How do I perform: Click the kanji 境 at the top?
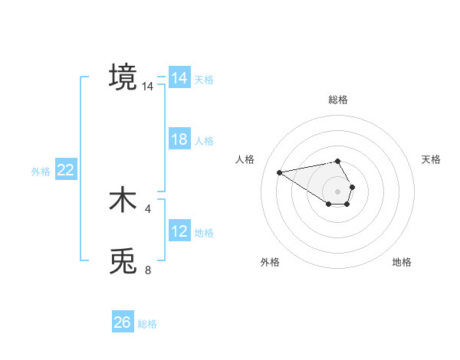(x=123, y=77)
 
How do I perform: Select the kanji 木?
(x=123, y=200)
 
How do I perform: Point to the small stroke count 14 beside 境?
(x=147, y=87)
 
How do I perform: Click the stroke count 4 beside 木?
(x=148, y=208)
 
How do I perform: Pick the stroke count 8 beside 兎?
(x=148, y=270)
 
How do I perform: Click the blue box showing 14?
(x=179, y=78)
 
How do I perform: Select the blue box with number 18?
(x=179, y=139)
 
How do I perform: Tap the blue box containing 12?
(x=179, y=231)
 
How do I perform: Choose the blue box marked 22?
(x=66, y=170)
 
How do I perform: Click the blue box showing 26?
(x=123, y=322)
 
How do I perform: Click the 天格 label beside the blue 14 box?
(x=204, y=79)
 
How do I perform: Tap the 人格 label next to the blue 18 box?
(x=204, y=140)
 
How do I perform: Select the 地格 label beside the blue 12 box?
(x=204, y=232)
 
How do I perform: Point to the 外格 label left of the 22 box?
(x=41, y=172)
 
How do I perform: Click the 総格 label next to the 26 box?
(x=147, y=324)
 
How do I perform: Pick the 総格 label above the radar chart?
(x=338, y=100)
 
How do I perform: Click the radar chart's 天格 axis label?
(x=432, y=159)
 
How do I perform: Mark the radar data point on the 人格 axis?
(x=280, y=172)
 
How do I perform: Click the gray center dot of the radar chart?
(x=338, y=191)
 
